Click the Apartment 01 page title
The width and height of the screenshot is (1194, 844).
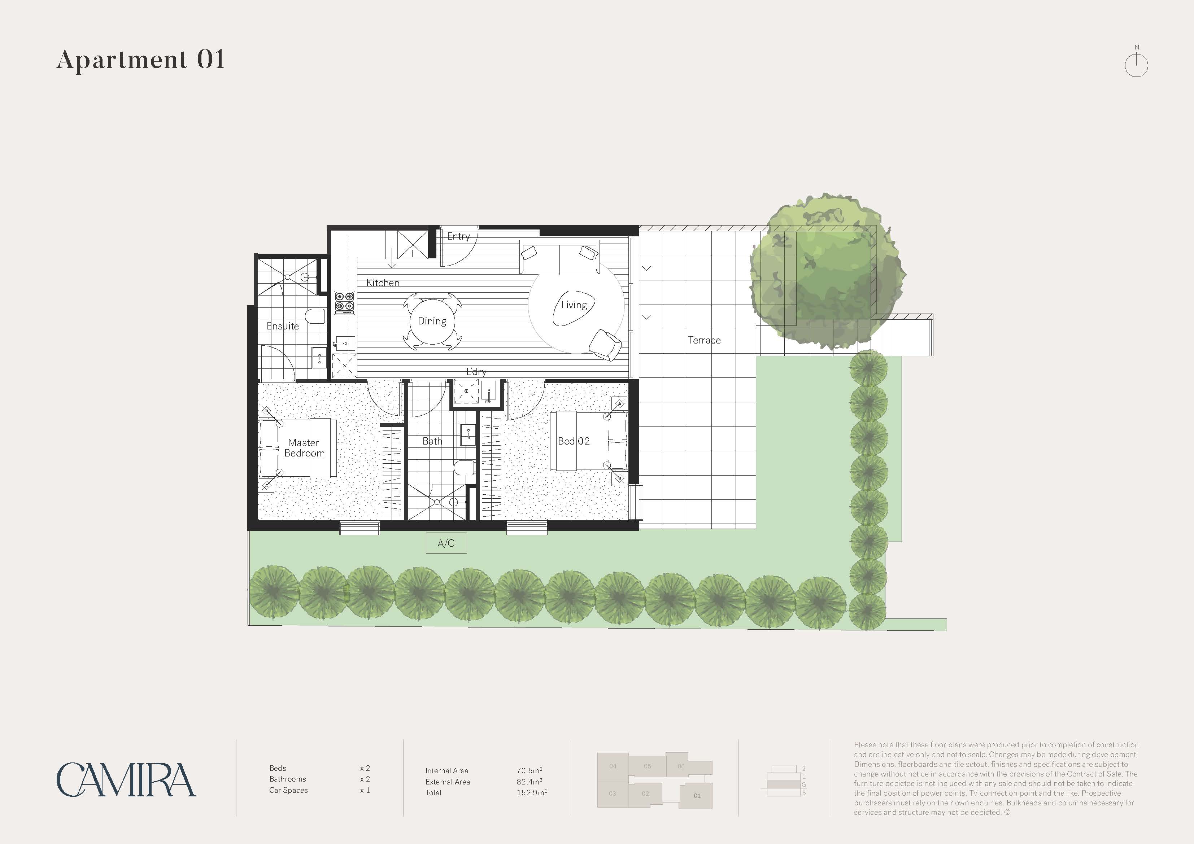pyautogui.click(x=140, y=59)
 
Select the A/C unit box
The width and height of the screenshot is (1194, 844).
pyautogui.click(x=446, y=543)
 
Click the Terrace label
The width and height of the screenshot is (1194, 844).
pyautogui.click(x=704, y=340)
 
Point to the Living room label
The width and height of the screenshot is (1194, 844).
pyautogui.click(x=574, y=305)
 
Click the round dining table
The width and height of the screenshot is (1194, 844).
pyautogui.click(x=432, y=322)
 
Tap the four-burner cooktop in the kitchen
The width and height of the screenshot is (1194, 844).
pyautogui.click(x=344, y=303)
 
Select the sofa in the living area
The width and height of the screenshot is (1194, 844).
pyautogui.click(x=559, y=257)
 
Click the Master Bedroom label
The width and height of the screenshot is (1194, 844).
pyautogui.click(x=304, y=448)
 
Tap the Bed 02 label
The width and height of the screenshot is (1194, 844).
pyautogui.click(x=574, y=441)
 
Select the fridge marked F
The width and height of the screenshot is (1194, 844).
pyautogui.click(x=413, y=244)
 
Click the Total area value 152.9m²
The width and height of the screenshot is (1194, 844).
pyautogui.click(x=531, y=792)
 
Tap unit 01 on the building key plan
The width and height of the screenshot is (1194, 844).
pyautogui.click(x=696, y=795)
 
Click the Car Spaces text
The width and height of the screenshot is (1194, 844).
pyautogui.click(x=289, y=791)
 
